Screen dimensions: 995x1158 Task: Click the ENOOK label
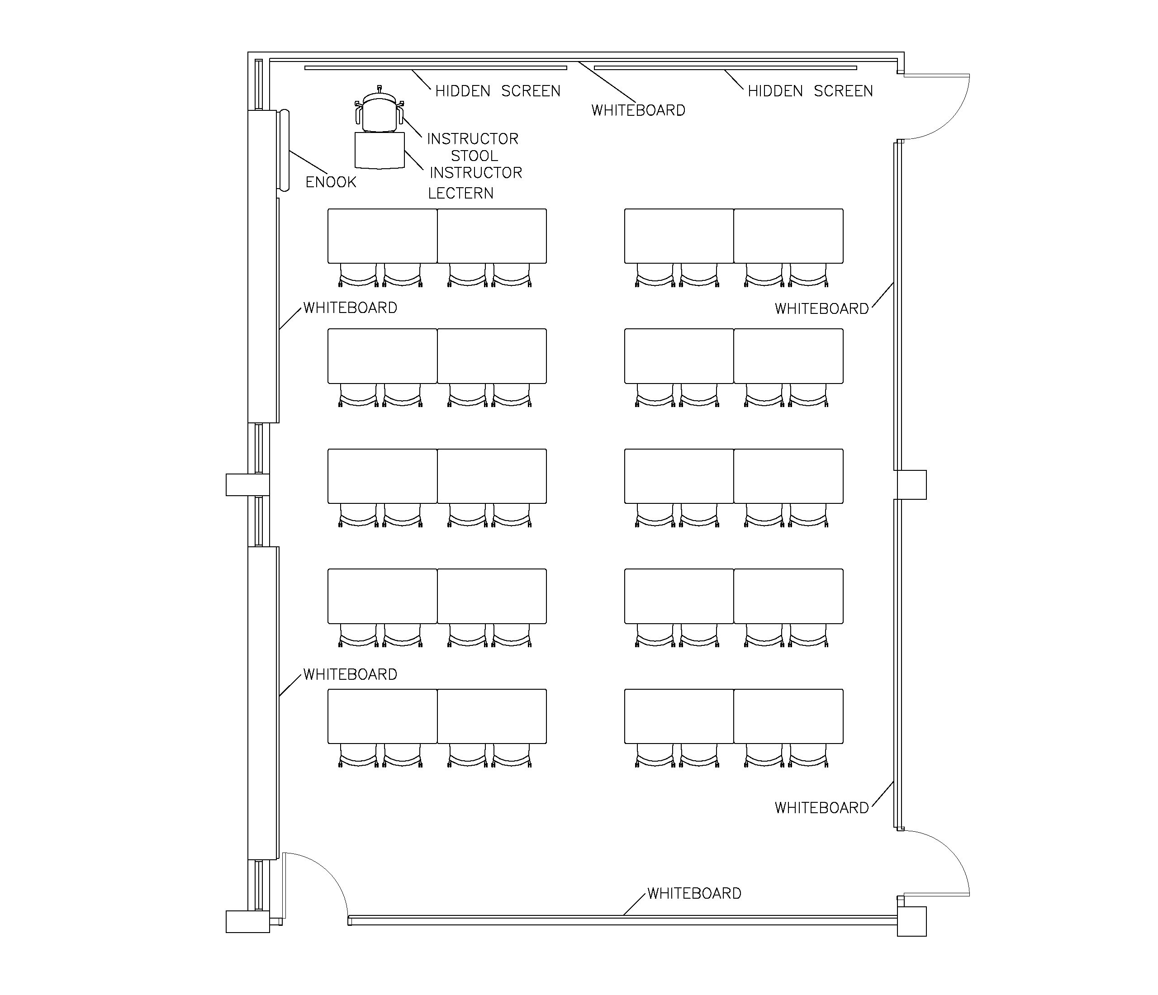point(331,182)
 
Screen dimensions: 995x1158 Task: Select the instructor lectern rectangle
point(380,150)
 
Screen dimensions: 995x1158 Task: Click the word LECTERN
point(460,193)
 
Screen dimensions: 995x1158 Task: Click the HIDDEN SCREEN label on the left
point(498,91)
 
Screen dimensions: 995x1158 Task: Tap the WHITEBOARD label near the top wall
point(638,111)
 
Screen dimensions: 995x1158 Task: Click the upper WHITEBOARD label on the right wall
point(821,309)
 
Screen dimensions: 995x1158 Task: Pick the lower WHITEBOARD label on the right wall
point(821,808)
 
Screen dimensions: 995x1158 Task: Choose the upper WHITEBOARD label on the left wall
point(350,308)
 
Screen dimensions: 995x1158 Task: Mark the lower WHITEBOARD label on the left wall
point(350,674)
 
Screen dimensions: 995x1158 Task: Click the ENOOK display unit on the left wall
point(285,150)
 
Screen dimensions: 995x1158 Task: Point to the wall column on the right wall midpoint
point(911,484)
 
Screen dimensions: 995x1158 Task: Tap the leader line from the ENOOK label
point(308,162)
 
